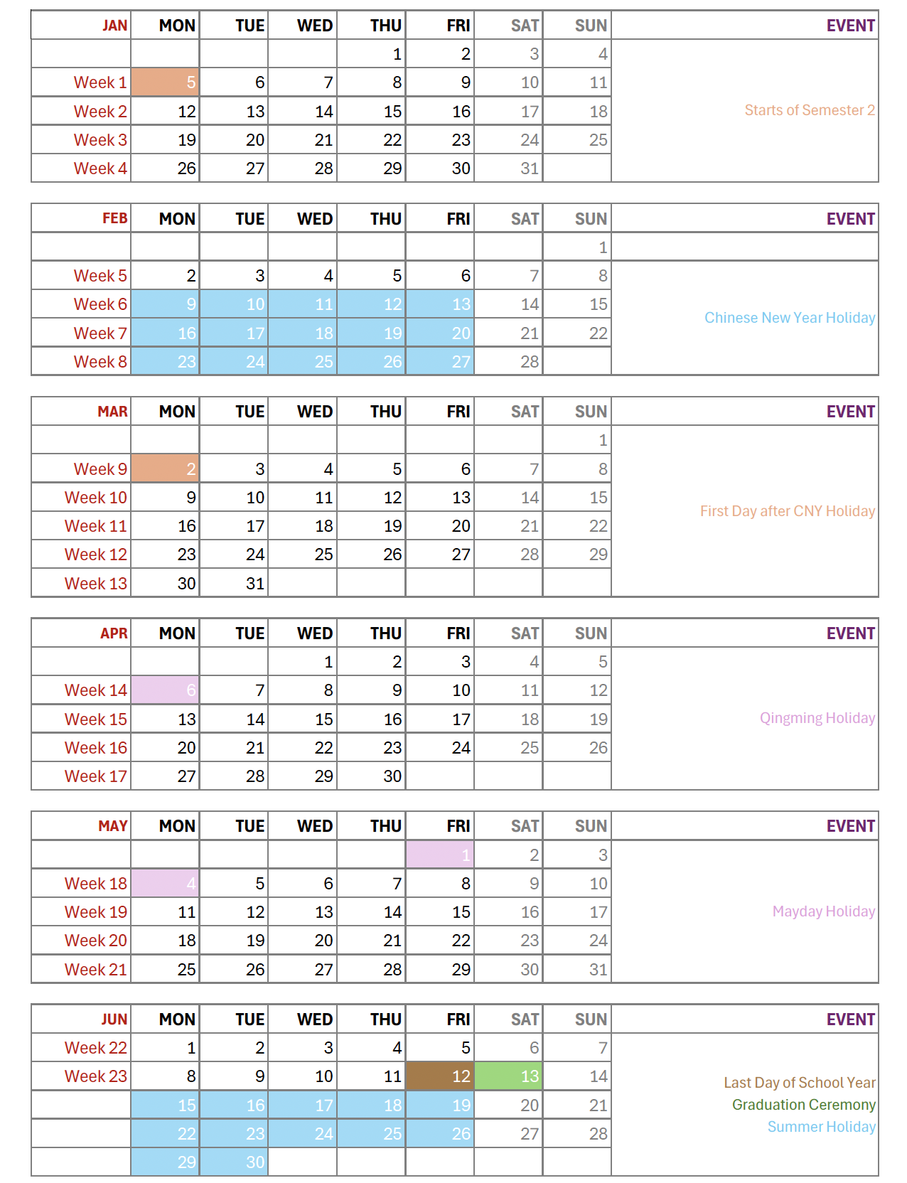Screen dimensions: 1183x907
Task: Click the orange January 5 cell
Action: pos(165,82)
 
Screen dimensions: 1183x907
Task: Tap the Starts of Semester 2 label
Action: pos(809,110)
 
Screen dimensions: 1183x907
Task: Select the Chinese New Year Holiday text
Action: pos(789,318)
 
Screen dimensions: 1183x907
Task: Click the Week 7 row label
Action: pos(100,333)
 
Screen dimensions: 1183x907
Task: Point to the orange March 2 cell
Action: pos(165,469)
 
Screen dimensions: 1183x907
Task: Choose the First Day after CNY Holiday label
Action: pos(787,511)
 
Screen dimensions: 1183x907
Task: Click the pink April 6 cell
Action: pos(165,690)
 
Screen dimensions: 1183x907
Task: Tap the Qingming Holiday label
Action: pos(817,718)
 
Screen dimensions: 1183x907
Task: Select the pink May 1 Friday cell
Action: pos(439,855)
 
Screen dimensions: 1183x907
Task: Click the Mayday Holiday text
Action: pos(823,911)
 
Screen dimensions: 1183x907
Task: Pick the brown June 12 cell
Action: pos(439,1076)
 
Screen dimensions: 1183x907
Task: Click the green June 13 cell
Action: pos(508,1076)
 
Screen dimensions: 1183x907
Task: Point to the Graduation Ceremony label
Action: pos(803,1105)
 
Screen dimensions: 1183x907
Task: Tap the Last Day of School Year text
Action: pos(799,1083)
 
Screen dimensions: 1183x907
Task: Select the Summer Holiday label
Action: pos(821,1127)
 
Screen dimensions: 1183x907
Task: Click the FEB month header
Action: pos(114,219)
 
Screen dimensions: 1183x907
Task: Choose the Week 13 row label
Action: pos(95,584)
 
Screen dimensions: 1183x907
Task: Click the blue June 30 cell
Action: pos(234,1162)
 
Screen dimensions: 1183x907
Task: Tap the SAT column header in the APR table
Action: pos(525,633)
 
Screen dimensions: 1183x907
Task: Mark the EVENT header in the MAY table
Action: pos(850,826)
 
